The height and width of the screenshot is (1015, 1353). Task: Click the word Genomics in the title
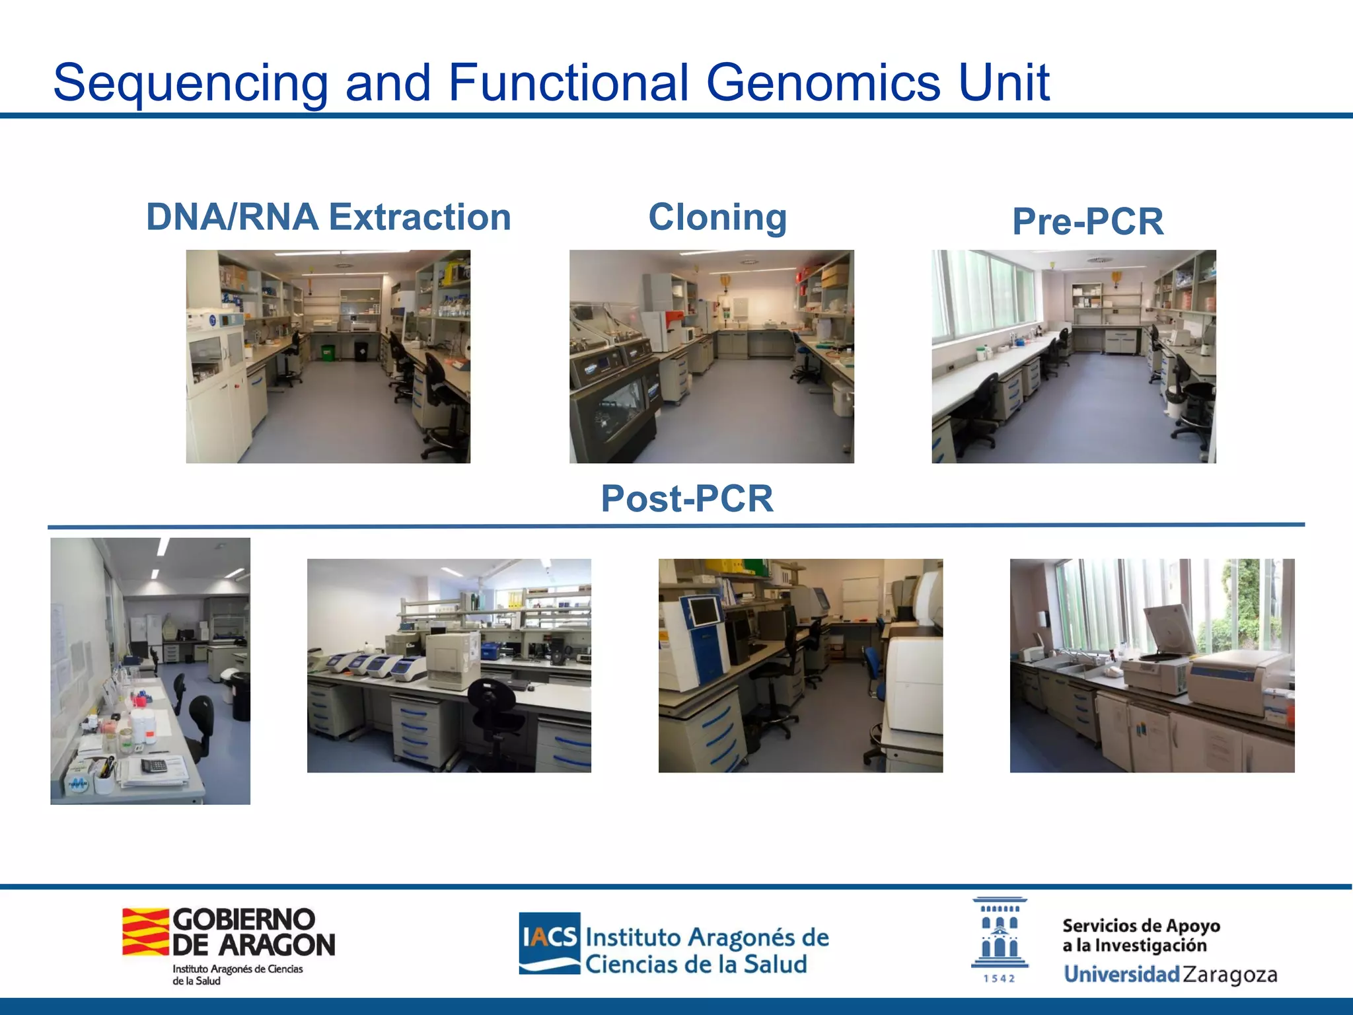(823, 83)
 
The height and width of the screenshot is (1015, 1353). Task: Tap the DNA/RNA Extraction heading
(328, 217)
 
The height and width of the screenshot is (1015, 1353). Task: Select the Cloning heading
(717, 217)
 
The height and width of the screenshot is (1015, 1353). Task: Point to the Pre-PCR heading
(1087, 221)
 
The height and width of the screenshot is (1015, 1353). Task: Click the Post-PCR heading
(686, 498)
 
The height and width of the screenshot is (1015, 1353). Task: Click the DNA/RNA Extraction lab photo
(328, 356)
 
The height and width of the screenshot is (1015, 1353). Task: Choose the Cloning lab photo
(712, 356)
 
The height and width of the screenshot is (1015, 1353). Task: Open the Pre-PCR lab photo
(1074, 356)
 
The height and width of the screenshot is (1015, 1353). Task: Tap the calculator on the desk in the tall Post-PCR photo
(154, 765)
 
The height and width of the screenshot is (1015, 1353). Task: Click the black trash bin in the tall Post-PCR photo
(240, 696)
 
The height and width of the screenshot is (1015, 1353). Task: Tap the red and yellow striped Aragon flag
(145, 932)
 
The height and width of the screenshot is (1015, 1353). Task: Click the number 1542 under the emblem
(999, 979)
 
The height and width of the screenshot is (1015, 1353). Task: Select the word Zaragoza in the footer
(1229, 975)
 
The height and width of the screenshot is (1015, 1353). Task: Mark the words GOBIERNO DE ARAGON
(253, 932)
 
